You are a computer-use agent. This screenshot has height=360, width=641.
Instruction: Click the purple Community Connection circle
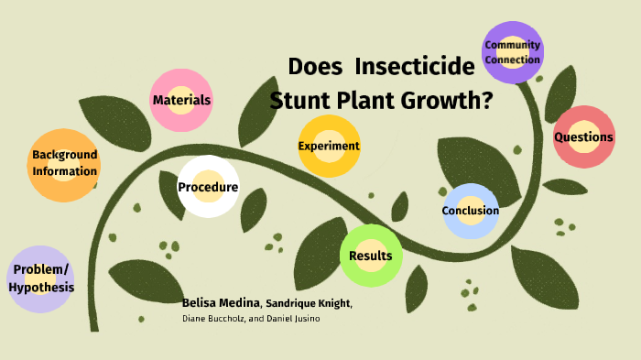click(x=513, y=52)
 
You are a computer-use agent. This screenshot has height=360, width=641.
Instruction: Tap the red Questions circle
click(x=583, y=137)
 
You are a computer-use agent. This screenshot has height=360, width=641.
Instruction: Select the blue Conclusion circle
click(x=471, y=211)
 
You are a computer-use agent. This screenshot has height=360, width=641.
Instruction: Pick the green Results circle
click(x=370, y=256)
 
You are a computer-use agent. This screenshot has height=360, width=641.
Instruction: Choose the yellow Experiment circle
click(x=329, y=146)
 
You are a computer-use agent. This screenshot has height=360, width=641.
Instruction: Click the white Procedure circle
click(x=208, y=187)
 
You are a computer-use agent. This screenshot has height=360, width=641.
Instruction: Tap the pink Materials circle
click(x=182, y=100)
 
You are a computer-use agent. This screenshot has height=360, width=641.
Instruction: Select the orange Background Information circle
click(x=64, y=163)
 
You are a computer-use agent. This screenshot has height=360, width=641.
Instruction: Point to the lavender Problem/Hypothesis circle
click(x=40, y=278)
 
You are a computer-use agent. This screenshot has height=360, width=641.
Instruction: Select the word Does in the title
click(x=316, y=67)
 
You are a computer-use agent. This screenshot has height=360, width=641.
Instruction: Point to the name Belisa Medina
click(x=222, y=302)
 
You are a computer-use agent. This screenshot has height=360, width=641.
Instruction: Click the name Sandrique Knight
click(x=308, y=303)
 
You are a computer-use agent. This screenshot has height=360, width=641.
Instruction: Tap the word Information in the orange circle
click(x=64, y=171)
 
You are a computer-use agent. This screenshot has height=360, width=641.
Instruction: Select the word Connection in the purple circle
click(x=513, y=60)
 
